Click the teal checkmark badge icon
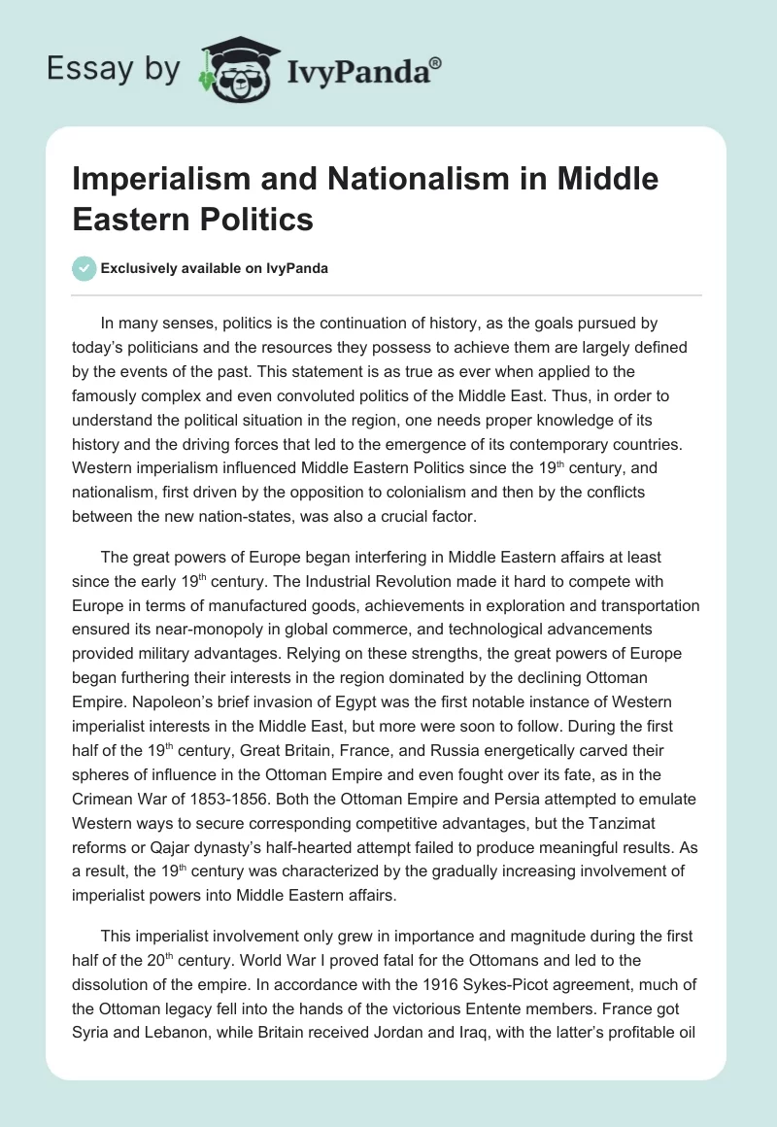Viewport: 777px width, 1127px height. point(84,268)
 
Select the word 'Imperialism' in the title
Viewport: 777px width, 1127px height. point(158,179)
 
